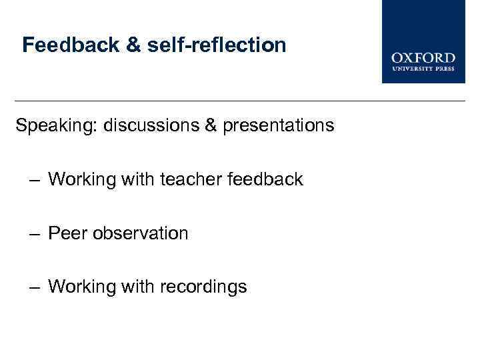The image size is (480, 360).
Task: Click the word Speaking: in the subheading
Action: pos(57,125)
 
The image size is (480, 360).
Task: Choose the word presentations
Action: pos(279,125)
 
